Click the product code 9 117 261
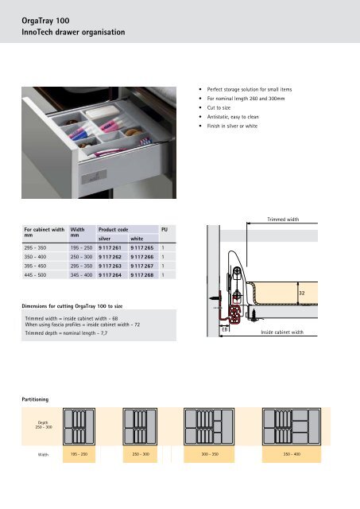(x=110, y=247)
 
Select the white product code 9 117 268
(x=142, y=275)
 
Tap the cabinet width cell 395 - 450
(x=35, y=266)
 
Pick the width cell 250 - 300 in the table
(x=81, y=257)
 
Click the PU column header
(x=165, y=230)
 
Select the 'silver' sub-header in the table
(x=104, y=239)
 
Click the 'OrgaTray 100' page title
(x=45, y=21)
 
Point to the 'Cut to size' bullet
(x=219, y=108)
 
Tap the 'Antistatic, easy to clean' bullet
(x=233, y=117)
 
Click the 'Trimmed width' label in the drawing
(x=283, y=220)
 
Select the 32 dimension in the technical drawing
(x=302, y=293)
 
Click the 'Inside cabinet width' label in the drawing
(x=282, y=332)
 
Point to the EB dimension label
(x=225, y=329)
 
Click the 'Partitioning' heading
(x=35, y=399)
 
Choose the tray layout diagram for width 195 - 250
(x=79, y=426)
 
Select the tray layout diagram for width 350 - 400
(x=292, y=426)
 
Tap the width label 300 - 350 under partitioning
(x=210, y=454)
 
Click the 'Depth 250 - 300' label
(x=44, y=425)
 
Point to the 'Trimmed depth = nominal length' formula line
(x=66, y=333)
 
